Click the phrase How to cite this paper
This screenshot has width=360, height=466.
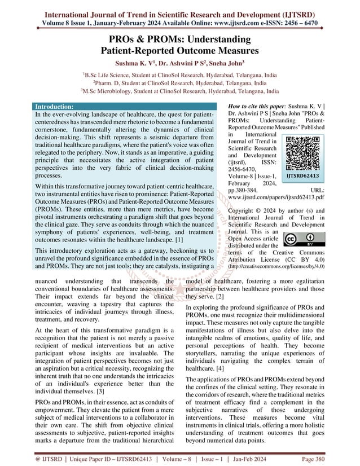(x=253, y=106)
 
